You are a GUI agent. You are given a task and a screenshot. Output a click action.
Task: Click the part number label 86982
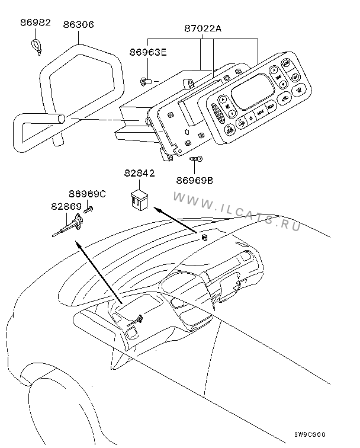tap(36, 24)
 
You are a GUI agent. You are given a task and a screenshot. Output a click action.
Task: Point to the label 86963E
tap(147, 53)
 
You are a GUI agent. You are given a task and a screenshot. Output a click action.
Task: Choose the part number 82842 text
tap(140, 174)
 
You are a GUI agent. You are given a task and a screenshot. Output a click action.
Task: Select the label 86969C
tap(87, 194)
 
